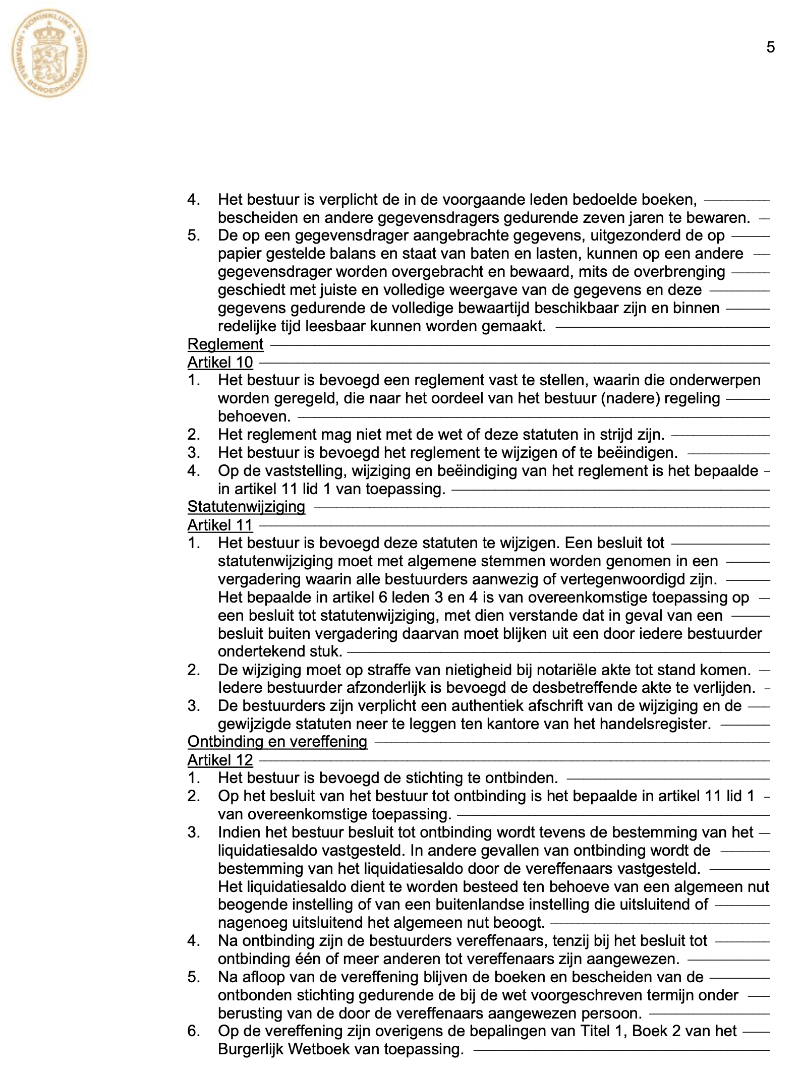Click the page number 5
pyautogui.click(x=770, y=47)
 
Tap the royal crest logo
pyautogui.click(x=49, y=56)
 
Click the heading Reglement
pyautogui.click(x=225, y=344)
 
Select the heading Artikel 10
pyautogui.click(x=220, y=363)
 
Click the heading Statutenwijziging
pyautogui.click(x=246, y=507)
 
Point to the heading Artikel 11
pyautogui.click(x=220, y=525)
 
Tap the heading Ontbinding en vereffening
pyautogui.click(x=277, y=742)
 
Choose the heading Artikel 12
pyautogui.click(x=220, y=760)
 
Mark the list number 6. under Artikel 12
pyautogui.click(x=194, y=1031)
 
